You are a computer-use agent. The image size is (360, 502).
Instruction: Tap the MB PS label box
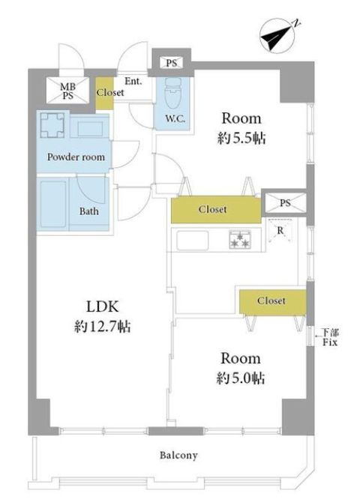pyautogui.click(x=68, y=91)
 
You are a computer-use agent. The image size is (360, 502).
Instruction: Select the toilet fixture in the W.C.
pyautogui.click(x=172, y=93)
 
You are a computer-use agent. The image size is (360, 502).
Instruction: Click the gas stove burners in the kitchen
pyautogui.click(x=241, y=240)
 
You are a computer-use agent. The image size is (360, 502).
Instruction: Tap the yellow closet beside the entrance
pyautogui.click(x=105, y=93)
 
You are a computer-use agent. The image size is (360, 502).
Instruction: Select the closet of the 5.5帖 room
pyautogui.click(x=216, y=210)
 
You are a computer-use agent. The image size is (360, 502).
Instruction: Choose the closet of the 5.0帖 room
pyautogui.click(x=272, y=301)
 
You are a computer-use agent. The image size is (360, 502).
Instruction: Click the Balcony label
pyautogui.click(x=179, y=456)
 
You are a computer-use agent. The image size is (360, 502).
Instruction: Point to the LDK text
pyautogui.click(x=103, y=306)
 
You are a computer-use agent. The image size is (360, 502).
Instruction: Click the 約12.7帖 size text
pyautogui.click(x=103, y=327)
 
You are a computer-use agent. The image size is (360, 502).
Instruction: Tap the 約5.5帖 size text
pyautogui.click(x=241, y=139)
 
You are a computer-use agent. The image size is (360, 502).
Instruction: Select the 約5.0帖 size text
pyautogui.click(x=241, y=378)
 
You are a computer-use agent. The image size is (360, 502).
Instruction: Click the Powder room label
pyautogui.click(x=76, y=157)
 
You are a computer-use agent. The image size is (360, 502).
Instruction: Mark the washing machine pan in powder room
pyautogui.click(x=52, y=125)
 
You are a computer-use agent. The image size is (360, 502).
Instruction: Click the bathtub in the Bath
pyautogui.click(x=53, y=205)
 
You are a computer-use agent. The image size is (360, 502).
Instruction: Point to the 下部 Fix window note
pyautogui.click(x=330, y=337)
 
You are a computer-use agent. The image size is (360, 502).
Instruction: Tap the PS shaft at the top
pyautogui.click(x=172, y=63)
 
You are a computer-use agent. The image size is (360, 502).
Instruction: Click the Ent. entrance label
pyautogui.click(x=133, y=82)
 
